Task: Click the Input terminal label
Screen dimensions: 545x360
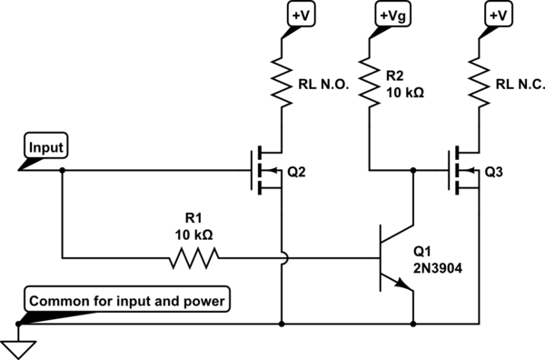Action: (46, 147)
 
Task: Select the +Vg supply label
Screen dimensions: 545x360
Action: (393, 15)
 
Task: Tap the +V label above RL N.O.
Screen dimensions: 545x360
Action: (301, 15)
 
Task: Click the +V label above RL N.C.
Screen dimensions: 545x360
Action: (498, 15)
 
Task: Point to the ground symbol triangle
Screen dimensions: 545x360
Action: (18, 349)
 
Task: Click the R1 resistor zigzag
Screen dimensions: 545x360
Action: (194, 258)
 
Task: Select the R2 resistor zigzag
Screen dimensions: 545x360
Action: (369, 83)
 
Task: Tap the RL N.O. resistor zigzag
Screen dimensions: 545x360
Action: (282, 83)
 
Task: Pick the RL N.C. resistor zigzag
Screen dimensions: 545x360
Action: (479, 83)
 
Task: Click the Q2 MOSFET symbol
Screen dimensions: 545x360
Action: (266, 170)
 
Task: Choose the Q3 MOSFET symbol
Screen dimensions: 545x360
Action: (464, 170)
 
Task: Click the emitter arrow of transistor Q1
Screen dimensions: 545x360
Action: (403, 285)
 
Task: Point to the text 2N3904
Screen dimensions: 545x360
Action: (438, 268)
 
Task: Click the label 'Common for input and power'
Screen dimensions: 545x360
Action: (127, 301)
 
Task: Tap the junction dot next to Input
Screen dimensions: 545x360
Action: (62, 170)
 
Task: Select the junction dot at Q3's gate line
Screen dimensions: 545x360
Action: (413, 170)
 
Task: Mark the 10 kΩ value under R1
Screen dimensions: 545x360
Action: (193, 235)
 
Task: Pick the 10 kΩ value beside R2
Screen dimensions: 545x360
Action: (405, 93)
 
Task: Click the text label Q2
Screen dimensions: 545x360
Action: (296, 172)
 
